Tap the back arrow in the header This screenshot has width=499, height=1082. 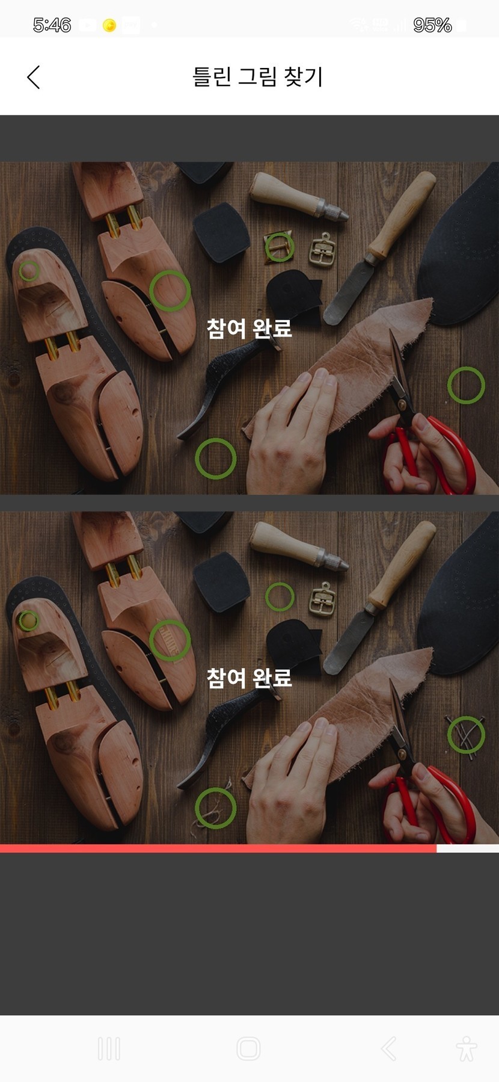click(x=34, y=77)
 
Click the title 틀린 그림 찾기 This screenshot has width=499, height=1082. click(x=257, y=76)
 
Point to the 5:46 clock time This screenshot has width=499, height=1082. click(x=52, y=25)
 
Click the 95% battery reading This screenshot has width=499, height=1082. click(x=432, y=25)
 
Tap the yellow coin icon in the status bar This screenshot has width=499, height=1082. click(x=109, y=25)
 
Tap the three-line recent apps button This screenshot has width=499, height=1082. click(x=109, y=1048)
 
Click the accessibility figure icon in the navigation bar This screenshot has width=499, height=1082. click(x=466, y=1048)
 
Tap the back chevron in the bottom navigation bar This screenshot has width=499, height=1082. click(x=389, y=1048)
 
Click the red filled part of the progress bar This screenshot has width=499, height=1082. click(x=218, y=849)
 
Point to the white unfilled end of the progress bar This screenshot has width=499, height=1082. click(x=468, y=849)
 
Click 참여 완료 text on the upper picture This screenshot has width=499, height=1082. click(x=249, y=328)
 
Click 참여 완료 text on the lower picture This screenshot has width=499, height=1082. click(x=249, y=678)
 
